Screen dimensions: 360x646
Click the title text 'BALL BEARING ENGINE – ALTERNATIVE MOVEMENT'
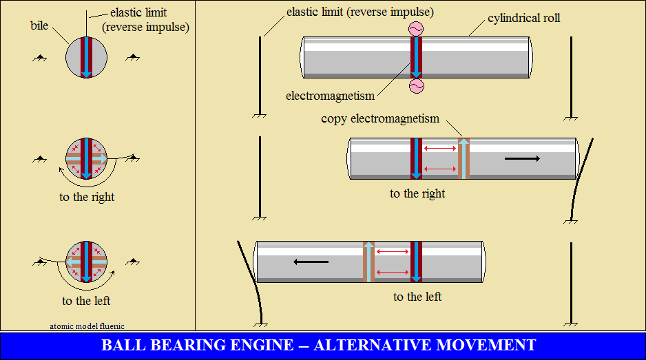click(x=318, y=345)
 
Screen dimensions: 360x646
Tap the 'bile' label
click(x=39, y=25)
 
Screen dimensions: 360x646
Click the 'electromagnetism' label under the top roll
click(x=331, y=96)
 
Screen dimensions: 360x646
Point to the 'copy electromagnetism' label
click(x=379, y=118)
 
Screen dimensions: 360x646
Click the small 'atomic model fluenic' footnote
click(x=87, y=326)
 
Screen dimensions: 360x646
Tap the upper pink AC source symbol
click(x=415, y=28)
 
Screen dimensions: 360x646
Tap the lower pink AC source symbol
click(x=415, y=85)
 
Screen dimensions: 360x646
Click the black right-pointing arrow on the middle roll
click(x=522, y=159)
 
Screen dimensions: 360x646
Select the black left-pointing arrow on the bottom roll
click(x=311, y=262)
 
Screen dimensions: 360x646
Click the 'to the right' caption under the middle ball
click(x=87, y=197)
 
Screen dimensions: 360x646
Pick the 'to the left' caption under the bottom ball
click(x=86, y=301)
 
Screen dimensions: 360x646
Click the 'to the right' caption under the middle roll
click(x=417, y=193)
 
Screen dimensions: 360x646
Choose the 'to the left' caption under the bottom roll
click(x=417, y=297)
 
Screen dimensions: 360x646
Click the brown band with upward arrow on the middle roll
click(x=463, y=159)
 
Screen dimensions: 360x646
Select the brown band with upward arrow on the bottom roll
click(x=368, y=262)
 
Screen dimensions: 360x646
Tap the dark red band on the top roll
click(x=412, y=57)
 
